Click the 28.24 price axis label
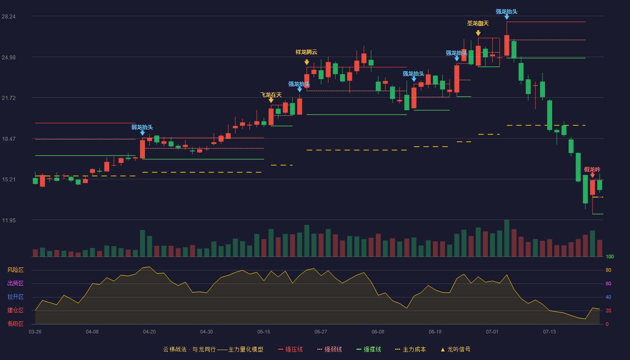point(9,17)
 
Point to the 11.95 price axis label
point(9,220)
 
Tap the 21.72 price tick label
point(9,98)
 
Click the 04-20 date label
point(149,332)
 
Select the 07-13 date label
point(549,332)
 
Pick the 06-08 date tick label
point(378,332)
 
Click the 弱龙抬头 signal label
point(142,127)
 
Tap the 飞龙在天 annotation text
point(271,95)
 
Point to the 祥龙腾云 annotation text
point(306,52)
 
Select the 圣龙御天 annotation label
point(478,23)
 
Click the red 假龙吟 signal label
point(592,169)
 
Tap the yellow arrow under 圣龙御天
point(478,33)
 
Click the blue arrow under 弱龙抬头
point(143,133)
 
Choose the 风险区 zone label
point(15,270)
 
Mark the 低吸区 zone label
point(15,324)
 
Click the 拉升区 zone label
point(15,297)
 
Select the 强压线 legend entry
point(290,349)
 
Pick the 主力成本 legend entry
point(410,349)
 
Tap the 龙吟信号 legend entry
point(455,349)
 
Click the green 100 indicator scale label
point(610,256)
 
